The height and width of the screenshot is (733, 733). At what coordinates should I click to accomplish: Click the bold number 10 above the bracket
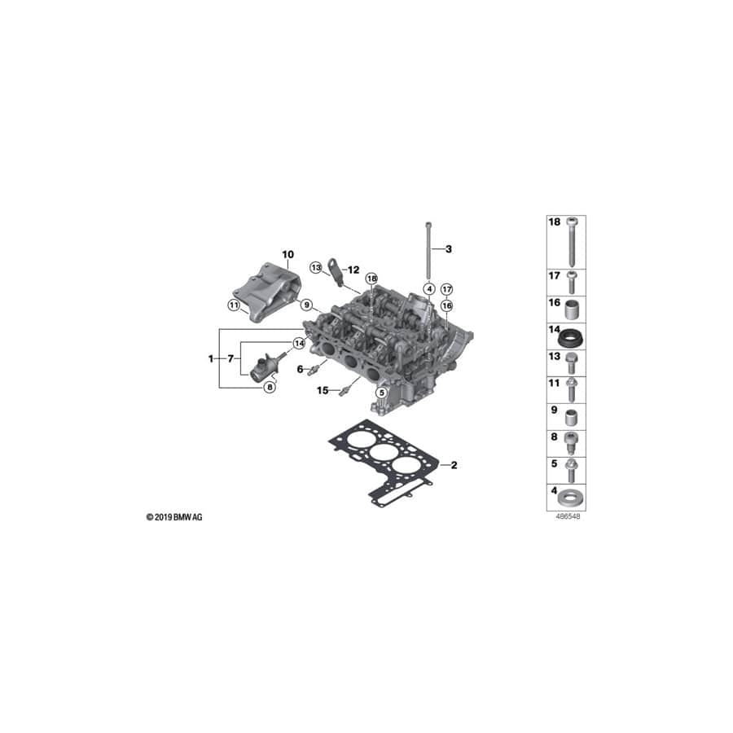[287, 254]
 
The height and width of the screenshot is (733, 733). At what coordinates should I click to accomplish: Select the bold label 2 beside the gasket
[454, 465]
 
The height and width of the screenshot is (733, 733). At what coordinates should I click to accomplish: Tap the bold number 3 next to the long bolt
[447, 248]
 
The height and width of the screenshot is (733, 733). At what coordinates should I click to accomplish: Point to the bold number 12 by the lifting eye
[353, 269]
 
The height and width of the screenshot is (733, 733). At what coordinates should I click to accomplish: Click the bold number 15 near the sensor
[323, 391]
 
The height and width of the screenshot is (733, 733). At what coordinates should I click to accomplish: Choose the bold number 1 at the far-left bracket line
[212, 358]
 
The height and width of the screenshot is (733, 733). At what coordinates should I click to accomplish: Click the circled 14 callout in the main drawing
[298, 344]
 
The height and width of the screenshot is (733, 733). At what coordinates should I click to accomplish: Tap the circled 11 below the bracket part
[234, 306]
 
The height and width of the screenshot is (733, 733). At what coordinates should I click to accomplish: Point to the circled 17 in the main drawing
[446, 289]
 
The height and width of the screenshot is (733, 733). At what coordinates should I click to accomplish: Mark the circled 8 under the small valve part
[270, 388]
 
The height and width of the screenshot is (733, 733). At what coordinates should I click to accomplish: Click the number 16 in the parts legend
[555, 302]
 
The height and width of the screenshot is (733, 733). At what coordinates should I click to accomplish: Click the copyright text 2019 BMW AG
[174, 517]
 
